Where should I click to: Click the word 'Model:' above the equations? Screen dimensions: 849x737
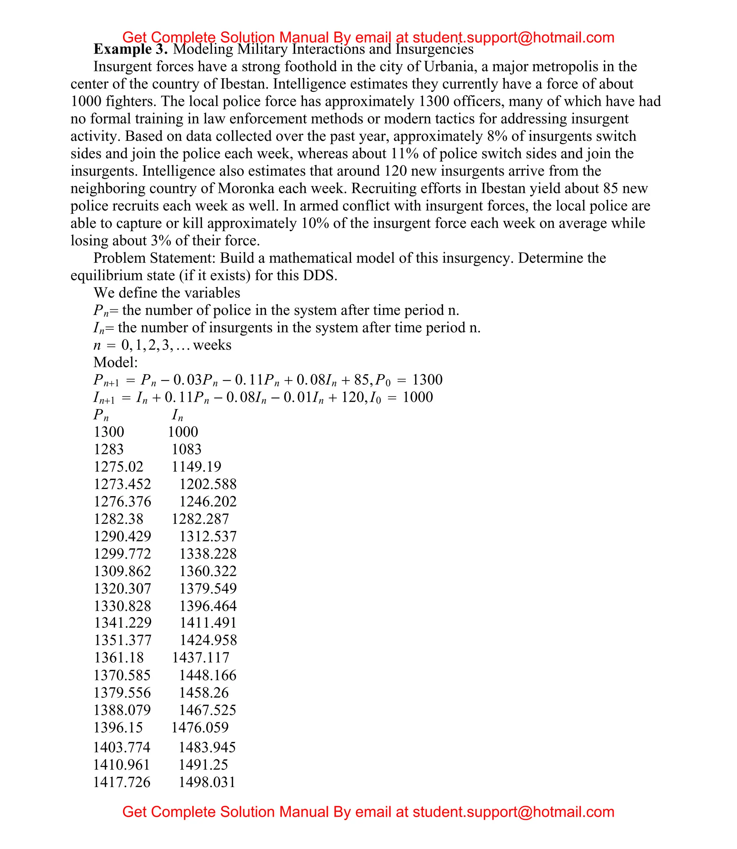coord(116,363)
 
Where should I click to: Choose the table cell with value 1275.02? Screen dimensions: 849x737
coord(118,467)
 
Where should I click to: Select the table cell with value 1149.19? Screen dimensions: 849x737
coord(196,467)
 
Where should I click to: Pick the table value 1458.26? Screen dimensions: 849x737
coord(204,693)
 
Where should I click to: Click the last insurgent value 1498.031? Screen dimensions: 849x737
coord(207,782)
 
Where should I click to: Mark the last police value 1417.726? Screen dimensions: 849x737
coord(122,782)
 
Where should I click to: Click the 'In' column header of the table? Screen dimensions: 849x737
coord(177,415)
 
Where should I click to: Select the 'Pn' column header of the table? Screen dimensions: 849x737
coord(101,415)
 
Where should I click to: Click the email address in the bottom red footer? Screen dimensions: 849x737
coord(513,812)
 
